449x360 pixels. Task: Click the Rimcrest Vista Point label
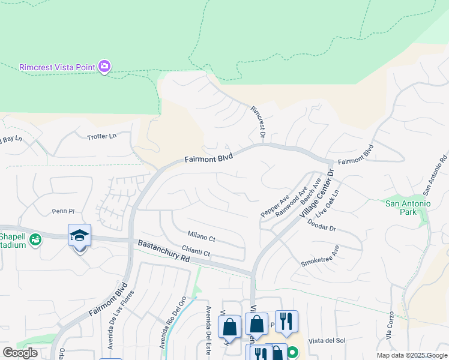click(57, 67)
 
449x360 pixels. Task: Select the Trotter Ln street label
click(101, 136)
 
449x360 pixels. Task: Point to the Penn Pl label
click(62, 211)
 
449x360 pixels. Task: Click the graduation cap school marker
click(79, 236)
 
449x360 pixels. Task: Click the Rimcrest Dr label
click(258, 122)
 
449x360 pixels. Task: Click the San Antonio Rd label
click(436, 176)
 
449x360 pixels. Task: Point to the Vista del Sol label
click(327, 340)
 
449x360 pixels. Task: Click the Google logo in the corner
click(20, 353)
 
